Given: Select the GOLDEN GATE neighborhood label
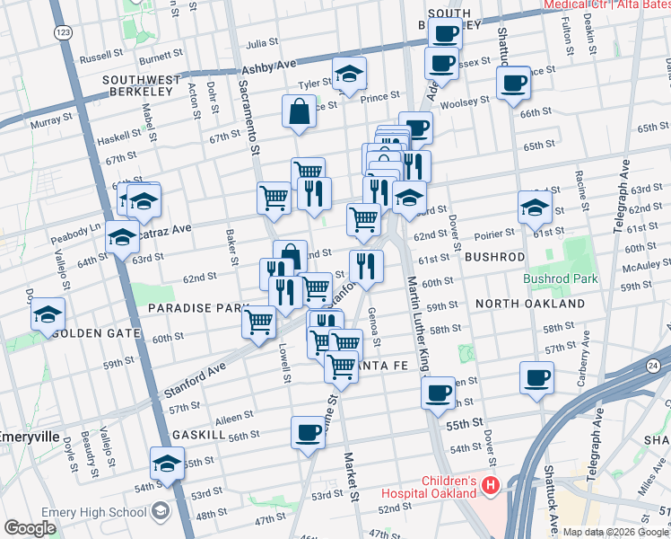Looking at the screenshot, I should (97, 333).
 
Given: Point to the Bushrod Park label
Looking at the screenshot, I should (561, 279).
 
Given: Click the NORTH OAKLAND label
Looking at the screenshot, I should (530, 304).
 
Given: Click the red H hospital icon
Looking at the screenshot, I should (491, 486).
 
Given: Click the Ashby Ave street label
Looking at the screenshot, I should (269, 68).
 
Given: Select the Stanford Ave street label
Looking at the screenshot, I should (194, 382).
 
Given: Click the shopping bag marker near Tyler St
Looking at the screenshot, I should (299, 112).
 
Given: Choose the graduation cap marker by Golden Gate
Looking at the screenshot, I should (48, 316).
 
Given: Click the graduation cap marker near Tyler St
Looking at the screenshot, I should (349, 75).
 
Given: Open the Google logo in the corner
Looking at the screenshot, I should (30, 528).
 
